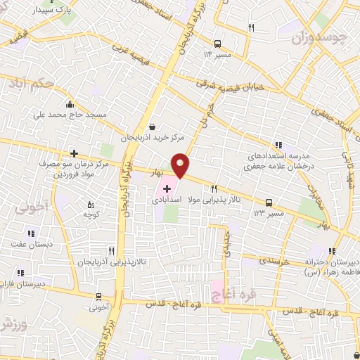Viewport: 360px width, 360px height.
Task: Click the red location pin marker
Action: click(x=181, y=165)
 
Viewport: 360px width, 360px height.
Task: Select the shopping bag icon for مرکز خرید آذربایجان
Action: click(x=153, y=127)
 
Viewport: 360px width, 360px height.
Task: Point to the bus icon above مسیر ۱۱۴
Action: click(x=218, y=42)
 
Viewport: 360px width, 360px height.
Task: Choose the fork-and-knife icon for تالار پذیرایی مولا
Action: click(x=213, y=188)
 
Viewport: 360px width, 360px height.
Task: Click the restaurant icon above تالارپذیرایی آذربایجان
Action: click(x=112, y=250)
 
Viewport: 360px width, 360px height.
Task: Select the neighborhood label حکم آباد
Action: click(x=48, y=84)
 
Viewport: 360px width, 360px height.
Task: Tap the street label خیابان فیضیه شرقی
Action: click(x=231, y=86)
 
